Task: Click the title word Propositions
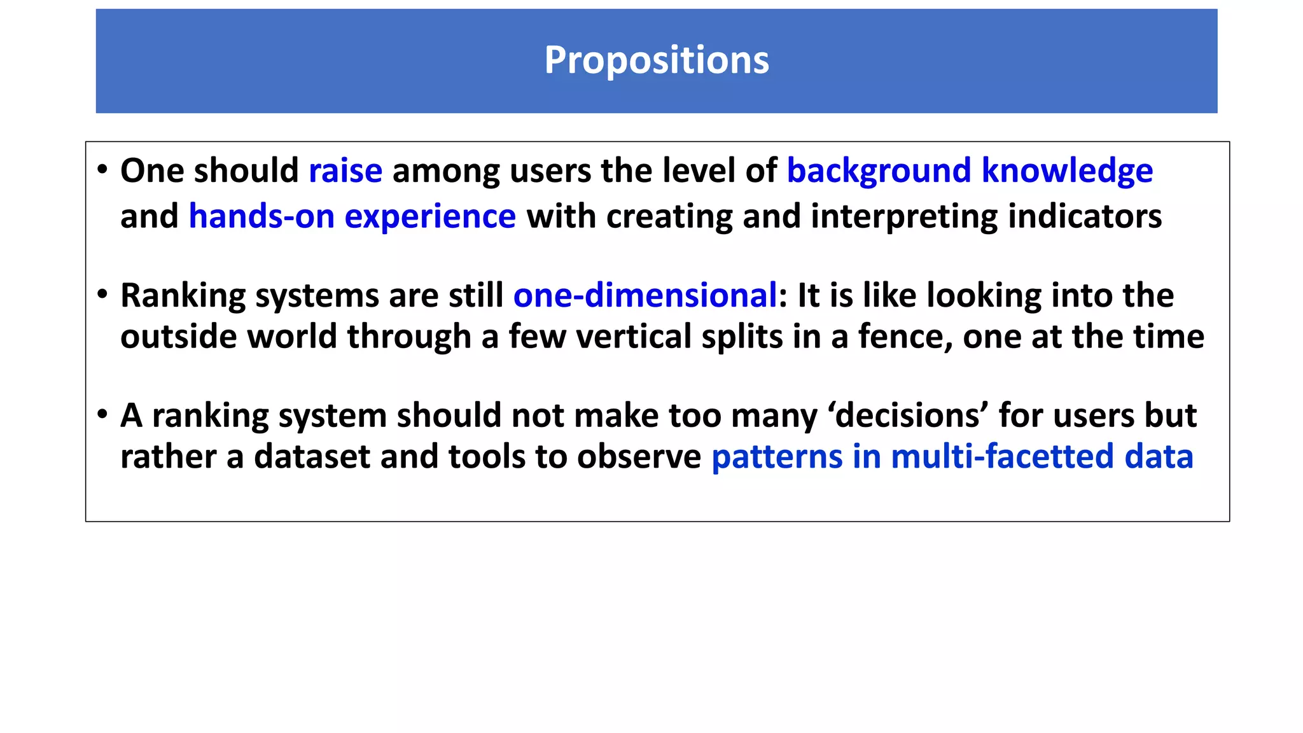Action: (x=656, y=60)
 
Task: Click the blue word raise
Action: (x=345, y=171)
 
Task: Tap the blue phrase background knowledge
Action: (x=970, y=171)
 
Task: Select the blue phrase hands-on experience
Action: (x=352, y=216)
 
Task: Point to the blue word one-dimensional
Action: (x=645, y=296)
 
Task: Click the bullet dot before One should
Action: (x=102, y=170)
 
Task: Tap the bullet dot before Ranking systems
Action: (x=102, y=295)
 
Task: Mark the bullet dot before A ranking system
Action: (x=102, y=415)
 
